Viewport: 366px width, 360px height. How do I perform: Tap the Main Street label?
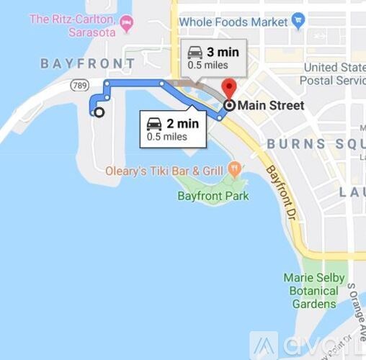tap(271, 106)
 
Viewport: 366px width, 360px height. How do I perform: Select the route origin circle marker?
tap(99, 112)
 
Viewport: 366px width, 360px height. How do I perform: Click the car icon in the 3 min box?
tap(195, 52)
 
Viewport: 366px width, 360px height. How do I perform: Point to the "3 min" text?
tap(223, 52)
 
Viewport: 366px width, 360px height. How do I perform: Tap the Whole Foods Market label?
tap(233, 22)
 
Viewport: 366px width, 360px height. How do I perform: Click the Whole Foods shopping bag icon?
tap(300, 22)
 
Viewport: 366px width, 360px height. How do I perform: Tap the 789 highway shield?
tap(79, 86)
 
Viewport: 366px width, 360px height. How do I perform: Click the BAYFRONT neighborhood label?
tap(88, 63)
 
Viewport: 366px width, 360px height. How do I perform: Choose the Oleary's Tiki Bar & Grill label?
tap(164, 171)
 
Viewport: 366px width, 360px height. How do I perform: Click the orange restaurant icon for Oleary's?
tap(233, 169)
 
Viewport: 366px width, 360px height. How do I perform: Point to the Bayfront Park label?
tap(213, 196)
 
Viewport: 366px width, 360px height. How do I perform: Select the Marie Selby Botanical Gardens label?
tap(315, 291)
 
